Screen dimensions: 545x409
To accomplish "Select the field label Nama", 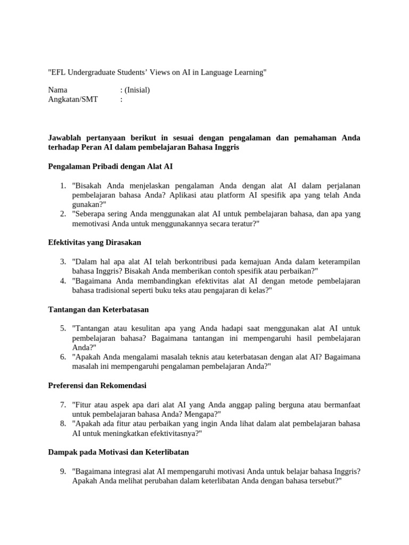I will (58, 90).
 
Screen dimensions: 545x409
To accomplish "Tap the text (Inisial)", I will (137, 90).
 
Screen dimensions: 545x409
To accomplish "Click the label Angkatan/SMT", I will (73, 99).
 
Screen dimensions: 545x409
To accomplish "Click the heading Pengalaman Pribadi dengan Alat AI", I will (110, 167).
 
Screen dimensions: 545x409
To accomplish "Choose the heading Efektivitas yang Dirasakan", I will (94, 242).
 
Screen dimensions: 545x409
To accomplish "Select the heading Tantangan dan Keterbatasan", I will (99, 309).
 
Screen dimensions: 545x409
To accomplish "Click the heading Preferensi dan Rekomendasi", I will (97, 385).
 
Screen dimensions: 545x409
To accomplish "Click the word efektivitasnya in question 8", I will (162, 433).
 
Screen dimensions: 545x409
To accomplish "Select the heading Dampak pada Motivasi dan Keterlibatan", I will (118, 452).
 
